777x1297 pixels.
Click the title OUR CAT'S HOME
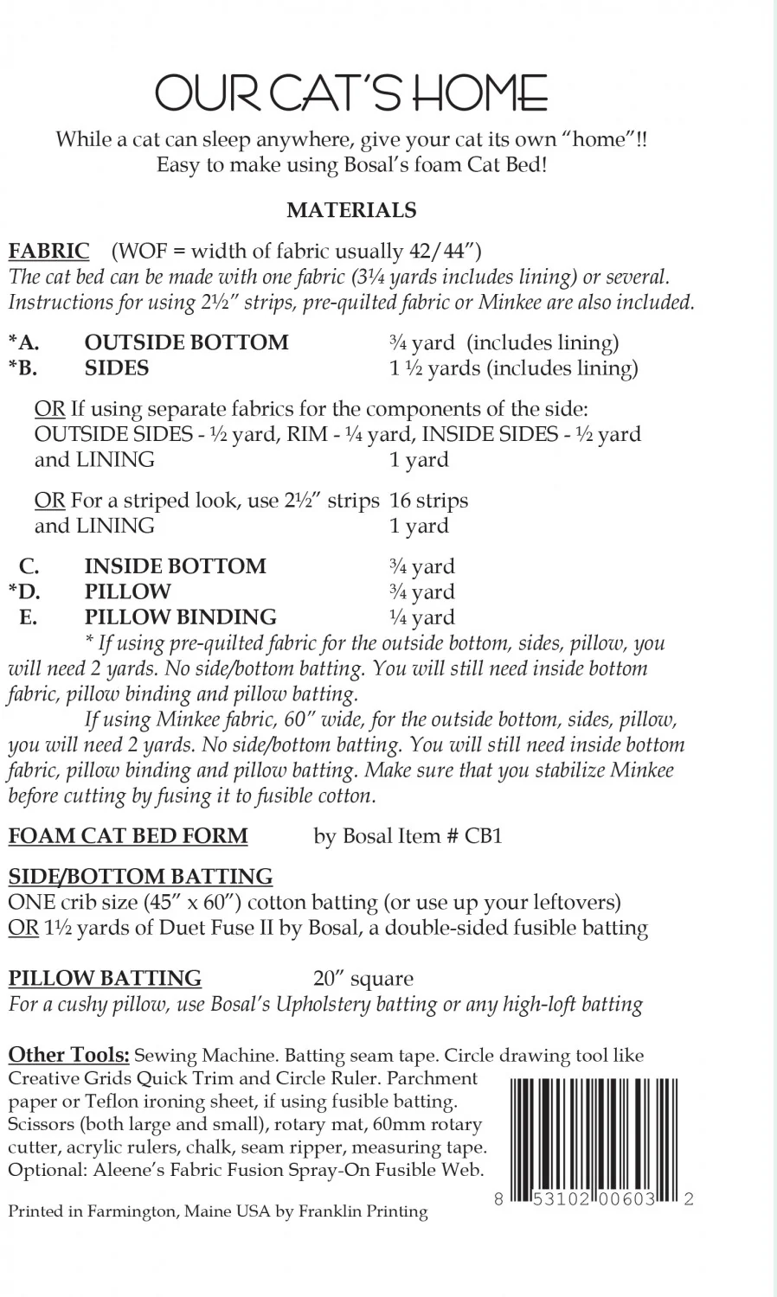click(351, 93)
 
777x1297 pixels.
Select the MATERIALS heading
click(351, 210)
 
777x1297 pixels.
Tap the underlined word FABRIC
click(48, 252)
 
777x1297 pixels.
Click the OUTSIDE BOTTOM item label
click(186, 342)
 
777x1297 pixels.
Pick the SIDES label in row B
click(116, 368)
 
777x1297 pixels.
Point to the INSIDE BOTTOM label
click(175, 566)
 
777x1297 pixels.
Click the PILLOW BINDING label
click(180, 617)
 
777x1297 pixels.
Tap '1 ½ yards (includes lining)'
click(514, 368)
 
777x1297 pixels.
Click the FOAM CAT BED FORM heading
click(128, 836)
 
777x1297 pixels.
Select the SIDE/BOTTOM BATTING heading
click(140, 877)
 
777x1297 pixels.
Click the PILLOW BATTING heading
click(105, 979)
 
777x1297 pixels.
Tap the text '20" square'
click(363, 979)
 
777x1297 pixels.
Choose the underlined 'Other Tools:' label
click(69, 1055)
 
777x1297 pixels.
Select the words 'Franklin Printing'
click(363, 1211)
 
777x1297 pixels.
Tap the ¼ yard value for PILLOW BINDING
click(421, 617)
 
